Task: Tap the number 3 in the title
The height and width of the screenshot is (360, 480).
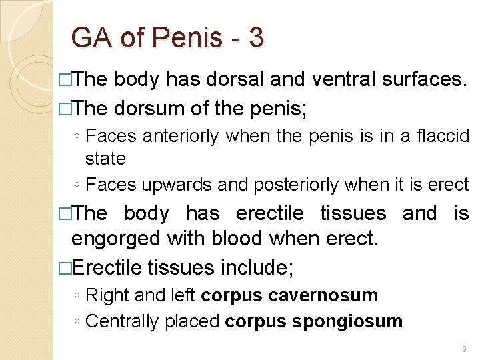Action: click(255, 38)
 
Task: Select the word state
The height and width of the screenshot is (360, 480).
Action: click(105, 159)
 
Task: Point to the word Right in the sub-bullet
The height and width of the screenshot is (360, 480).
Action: click(103, 295)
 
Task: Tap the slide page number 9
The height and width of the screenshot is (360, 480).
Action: click(463, 348)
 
